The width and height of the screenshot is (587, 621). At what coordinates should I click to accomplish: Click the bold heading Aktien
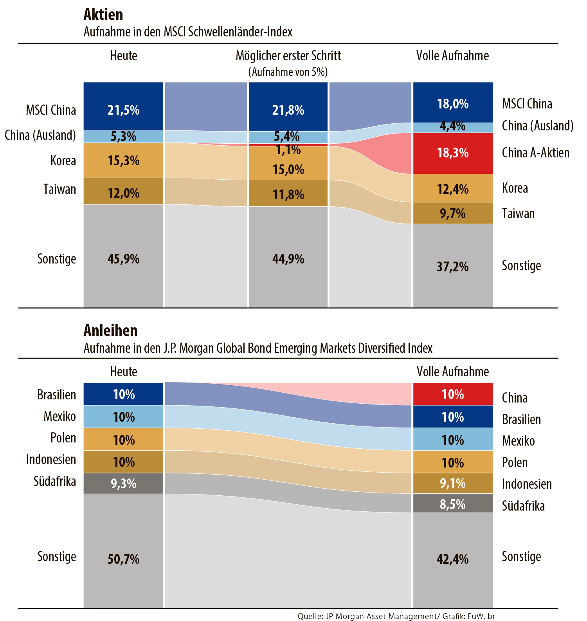103,14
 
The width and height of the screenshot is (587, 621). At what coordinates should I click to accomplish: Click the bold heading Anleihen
110,330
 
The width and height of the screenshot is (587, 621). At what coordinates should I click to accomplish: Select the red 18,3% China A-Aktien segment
453,153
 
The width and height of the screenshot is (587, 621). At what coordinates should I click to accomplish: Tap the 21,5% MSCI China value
123,110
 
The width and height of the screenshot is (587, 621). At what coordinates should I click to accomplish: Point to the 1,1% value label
288,150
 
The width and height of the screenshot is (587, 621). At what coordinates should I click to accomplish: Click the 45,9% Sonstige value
123,259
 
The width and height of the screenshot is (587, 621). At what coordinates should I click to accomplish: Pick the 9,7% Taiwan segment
453,213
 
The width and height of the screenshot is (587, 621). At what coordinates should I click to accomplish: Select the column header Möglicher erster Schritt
288,56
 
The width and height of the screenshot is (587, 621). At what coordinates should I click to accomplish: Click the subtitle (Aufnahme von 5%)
288,72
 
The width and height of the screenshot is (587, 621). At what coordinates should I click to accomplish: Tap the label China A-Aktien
535,153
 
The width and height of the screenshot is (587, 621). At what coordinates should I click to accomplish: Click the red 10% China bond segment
453,394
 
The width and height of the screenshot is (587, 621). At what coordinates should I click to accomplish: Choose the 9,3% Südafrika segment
123,484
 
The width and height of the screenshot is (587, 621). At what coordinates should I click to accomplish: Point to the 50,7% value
123,559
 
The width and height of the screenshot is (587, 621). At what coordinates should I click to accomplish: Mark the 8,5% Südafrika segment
453,504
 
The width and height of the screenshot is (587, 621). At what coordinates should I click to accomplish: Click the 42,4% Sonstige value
453,559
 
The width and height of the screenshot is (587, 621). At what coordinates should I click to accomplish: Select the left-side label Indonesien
51,459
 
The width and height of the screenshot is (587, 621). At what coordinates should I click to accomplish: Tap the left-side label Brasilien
56,395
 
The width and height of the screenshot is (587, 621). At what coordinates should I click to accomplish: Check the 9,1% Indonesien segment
453,483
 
